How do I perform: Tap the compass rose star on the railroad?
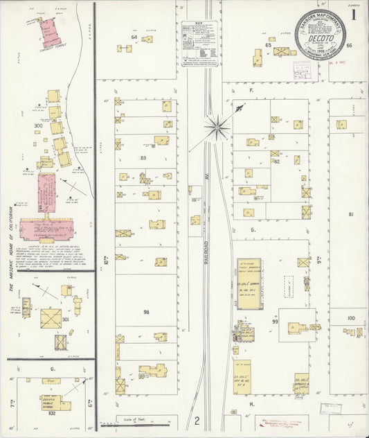(x=217, y=126)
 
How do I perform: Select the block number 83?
(x=143, y=159)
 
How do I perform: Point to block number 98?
(x=146, y=312)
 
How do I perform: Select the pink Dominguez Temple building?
(x=48, y=31)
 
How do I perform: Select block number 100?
(x=350, y=318)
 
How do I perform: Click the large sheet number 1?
(x=354, y=13)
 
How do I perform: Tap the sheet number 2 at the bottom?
(x=197, y=421)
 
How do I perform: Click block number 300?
(x=38, y=125)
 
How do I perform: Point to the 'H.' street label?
(x=253, y=403)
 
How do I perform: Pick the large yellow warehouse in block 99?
(x=249, y=283)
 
